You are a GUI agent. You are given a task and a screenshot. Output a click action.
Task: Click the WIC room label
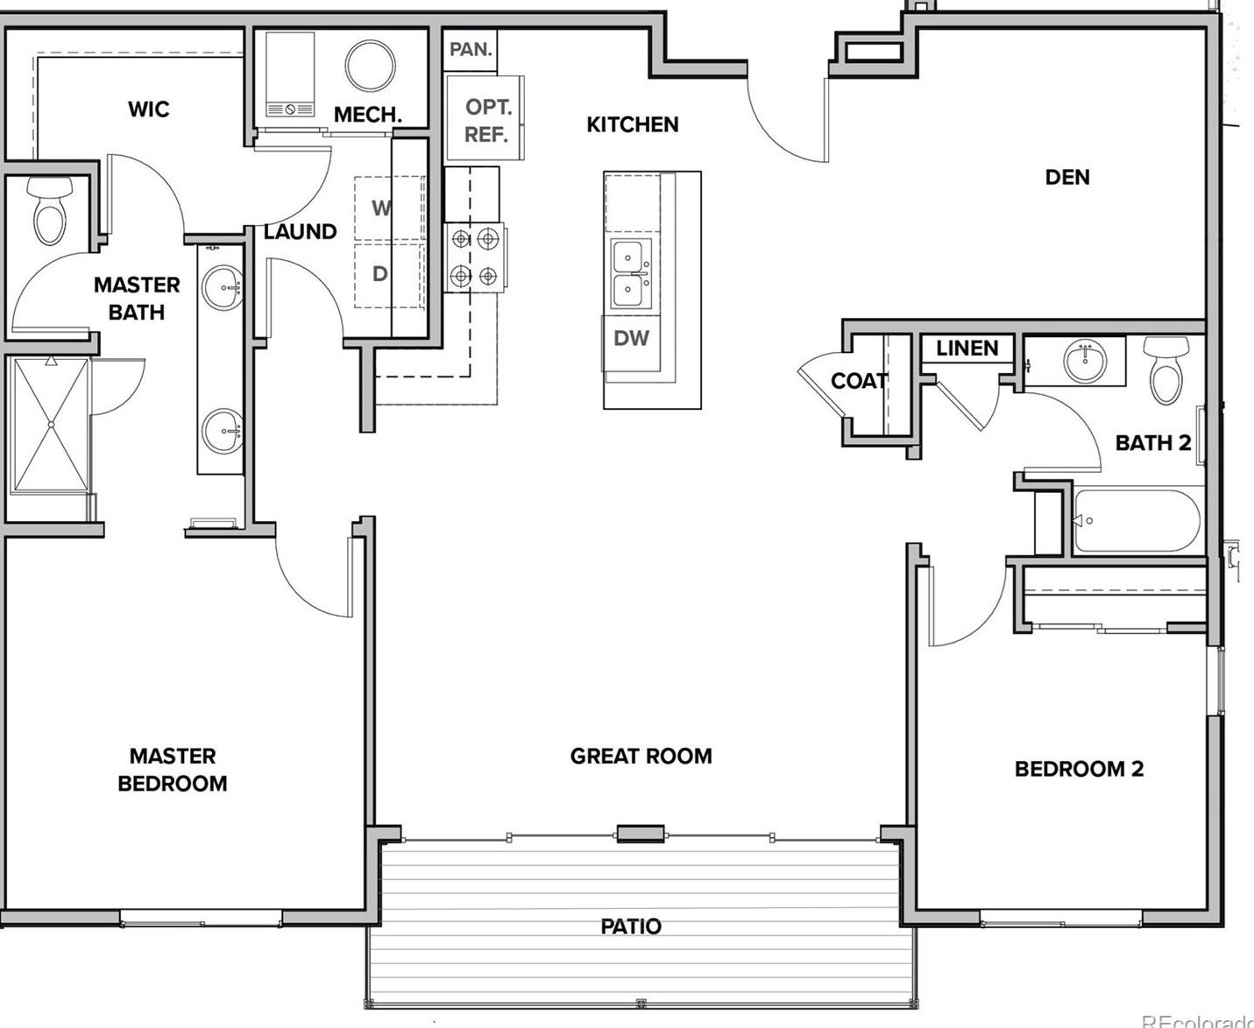click(148, 109)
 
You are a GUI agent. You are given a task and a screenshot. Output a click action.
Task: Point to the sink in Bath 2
click(1085, 361)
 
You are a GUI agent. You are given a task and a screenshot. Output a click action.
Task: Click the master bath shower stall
click(51, 425)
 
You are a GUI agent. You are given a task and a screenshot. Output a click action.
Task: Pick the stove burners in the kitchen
click(473, 258)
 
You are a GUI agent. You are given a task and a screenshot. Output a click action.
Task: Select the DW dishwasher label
click(631, 339)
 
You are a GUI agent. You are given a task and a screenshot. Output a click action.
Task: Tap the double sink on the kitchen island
click(632, 274)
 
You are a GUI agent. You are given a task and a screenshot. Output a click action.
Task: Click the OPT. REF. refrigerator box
click(485, 120)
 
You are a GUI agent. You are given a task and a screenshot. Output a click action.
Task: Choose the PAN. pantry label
click(471, 50)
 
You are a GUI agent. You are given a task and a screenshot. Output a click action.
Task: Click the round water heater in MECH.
click(370, 65)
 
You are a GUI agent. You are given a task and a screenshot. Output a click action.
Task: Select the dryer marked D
click(380, 274)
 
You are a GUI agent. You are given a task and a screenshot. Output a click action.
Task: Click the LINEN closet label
click(967, 349)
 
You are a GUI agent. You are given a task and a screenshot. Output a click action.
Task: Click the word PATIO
click(631, 926)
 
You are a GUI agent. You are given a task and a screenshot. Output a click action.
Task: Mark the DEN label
click(1067, 178)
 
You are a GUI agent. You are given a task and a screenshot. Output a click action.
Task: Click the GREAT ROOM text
click(641, 757)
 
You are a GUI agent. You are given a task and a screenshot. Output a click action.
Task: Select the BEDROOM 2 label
click(1079, 770)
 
